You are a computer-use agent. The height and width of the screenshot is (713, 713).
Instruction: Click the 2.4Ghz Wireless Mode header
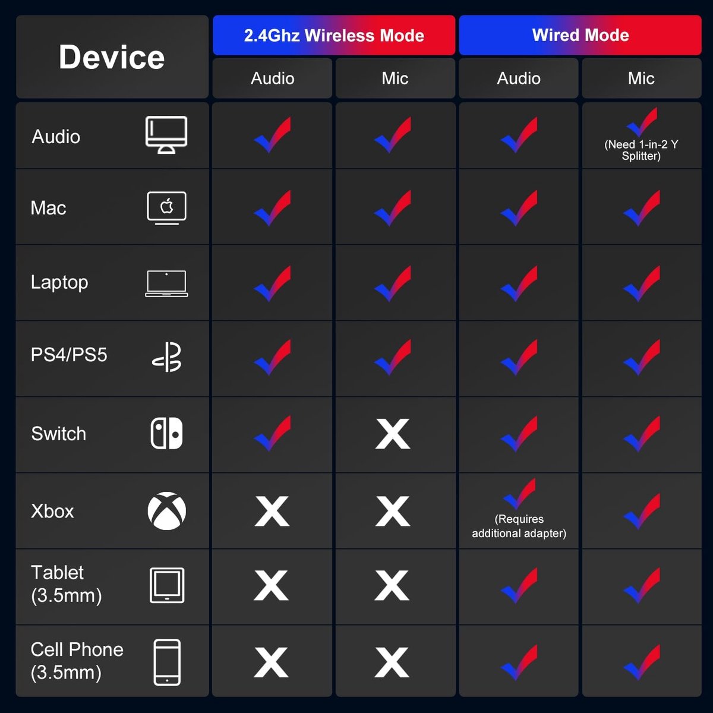(334, 36)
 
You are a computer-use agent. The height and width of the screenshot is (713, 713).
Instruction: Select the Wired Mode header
(580, 36)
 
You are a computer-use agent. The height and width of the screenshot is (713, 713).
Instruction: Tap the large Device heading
(112, 57)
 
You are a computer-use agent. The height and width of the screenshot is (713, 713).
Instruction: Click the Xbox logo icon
(167, 511)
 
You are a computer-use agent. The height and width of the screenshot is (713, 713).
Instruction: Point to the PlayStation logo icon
(167, 356)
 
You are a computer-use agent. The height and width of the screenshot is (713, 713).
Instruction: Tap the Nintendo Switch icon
(167, 433)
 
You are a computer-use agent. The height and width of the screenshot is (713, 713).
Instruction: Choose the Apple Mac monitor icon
(166, 208)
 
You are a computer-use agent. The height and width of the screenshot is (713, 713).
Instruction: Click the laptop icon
(166, 283)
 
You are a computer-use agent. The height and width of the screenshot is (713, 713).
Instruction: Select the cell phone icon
(167, 662)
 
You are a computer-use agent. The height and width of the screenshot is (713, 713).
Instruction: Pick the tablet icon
(167, 585)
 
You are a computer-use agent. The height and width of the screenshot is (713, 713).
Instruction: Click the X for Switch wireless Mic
(393, 434)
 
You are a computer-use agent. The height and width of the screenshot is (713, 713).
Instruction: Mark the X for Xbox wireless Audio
(272, 511)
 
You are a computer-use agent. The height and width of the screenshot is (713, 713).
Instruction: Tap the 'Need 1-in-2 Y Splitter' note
(641, 150)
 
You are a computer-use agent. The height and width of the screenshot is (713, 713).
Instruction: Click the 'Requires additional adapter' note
(519, 526)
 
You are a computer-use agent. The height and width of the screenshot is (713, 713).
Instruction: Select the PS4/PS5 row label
(69, 355)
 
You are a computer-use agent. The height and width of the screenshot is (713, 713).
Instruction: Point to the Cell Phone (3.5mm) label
(77, 661)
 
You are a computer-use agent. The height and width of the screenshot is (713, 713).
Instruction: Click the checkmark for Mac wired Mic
(642, 208)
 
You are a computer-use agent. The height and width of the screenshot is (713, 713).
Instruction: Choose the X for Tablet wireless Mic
(392, 585)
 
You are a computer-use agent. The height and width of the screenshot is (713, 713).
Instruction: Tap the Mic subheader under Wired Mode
(641, 78)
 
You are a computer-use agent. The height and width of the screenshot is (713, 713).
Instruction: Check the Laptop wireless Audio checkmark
(273, 283)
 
